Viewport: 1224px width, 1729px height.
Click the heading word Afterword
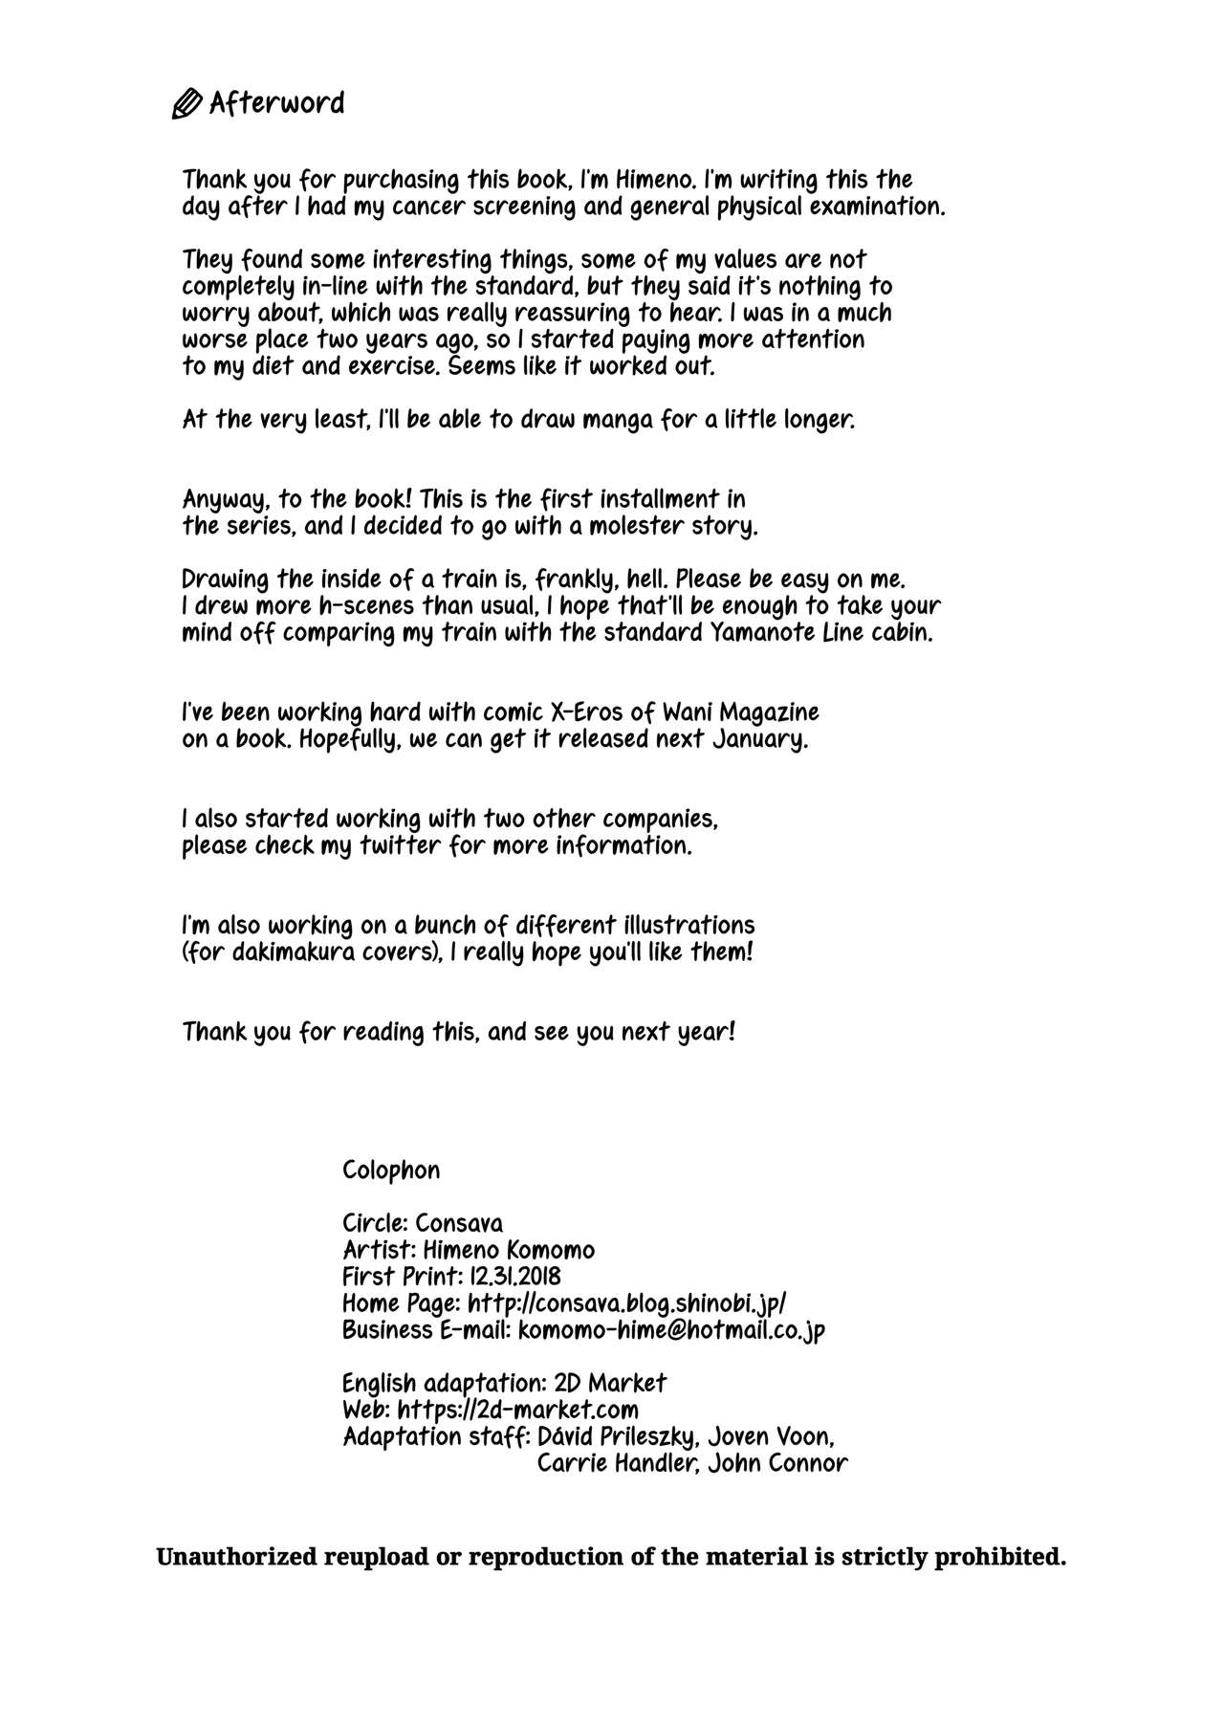(x=276, y=102)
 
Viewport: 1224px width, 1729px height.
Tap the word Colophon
(x=391, y=1171)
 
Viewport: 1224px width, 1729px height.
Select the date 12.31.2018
(x=515, y=1277)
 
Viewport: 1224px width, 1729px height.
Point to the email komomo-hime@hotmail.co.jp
(x=671, y=1330)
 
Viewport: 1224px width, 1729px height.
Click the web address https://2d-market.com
(x=517, y=1410)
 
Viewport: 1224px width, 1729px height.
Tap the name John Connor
(x=777, y=1463)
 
